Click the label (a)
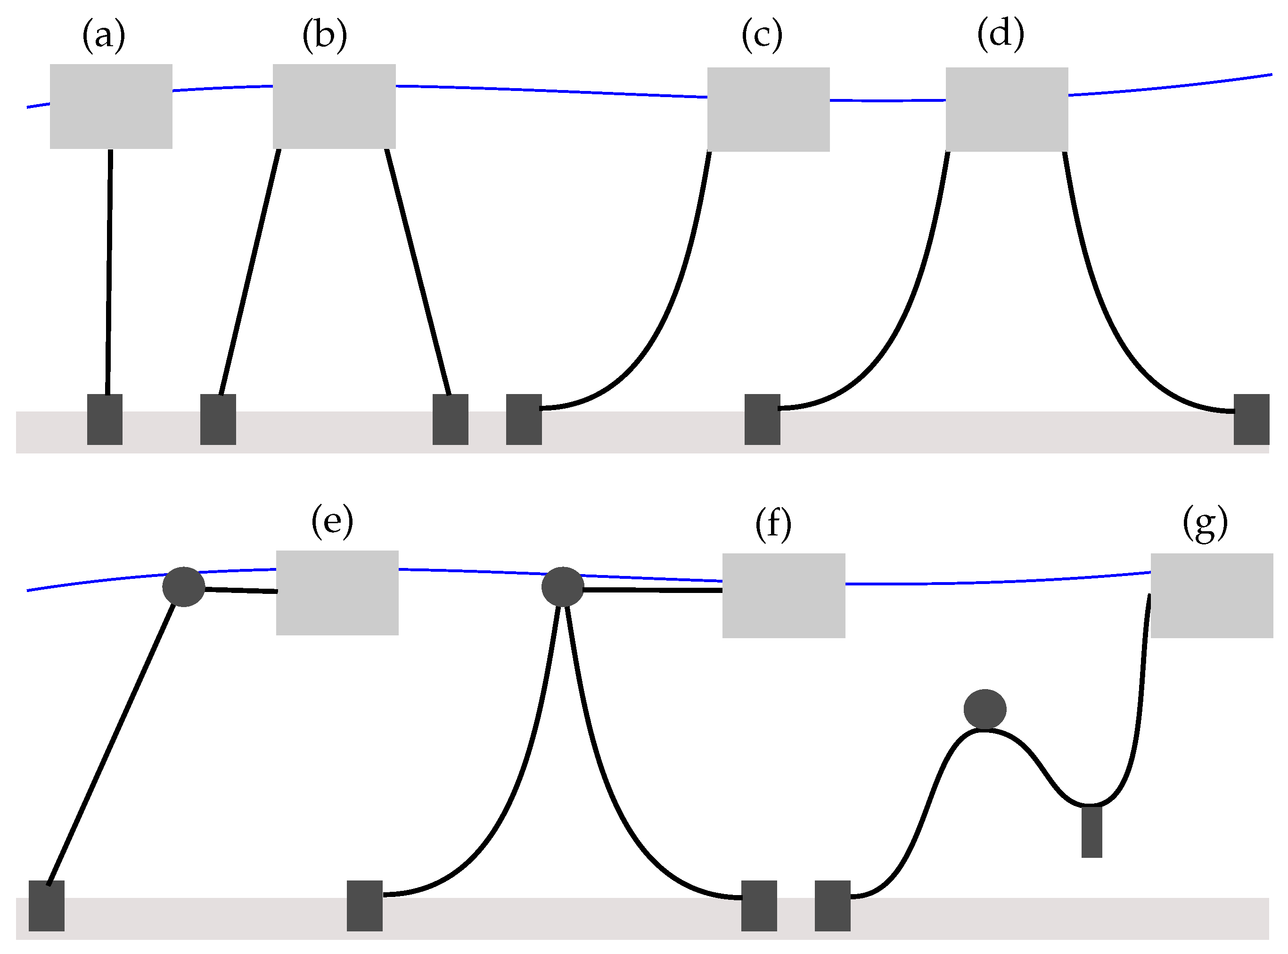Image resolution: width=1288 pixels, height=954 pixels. click(104, 36)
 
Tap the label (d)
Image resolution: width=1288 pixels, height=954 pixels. click(1001, 33)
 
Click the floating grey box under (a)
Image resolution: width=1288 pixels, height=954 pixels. click(111, 106)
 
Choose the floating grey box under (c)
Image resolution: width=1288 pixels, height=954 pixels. click(768, 109)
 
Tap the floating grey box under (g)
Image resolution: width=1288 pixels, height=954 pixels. click(1212, 595)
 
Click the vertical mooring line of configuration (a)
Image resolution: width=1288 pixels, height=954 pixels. click(108, 271)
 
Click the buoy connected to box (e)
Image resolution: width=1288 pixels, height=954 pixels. click(184, 587)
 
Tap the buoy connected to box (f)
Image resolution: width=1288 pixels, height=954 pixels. click(562, 587)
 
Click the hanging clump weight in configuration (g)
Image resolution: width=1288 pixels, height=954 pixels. click(1091, 831)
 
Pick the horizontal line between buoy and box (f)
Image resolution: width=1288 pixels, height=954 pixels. click(652, 590)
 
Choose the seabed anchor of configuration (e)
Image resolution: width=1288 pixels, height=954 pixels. click(46, 905)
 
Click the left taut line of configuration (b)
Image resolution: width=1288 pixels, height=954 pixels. click(249, 271)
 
